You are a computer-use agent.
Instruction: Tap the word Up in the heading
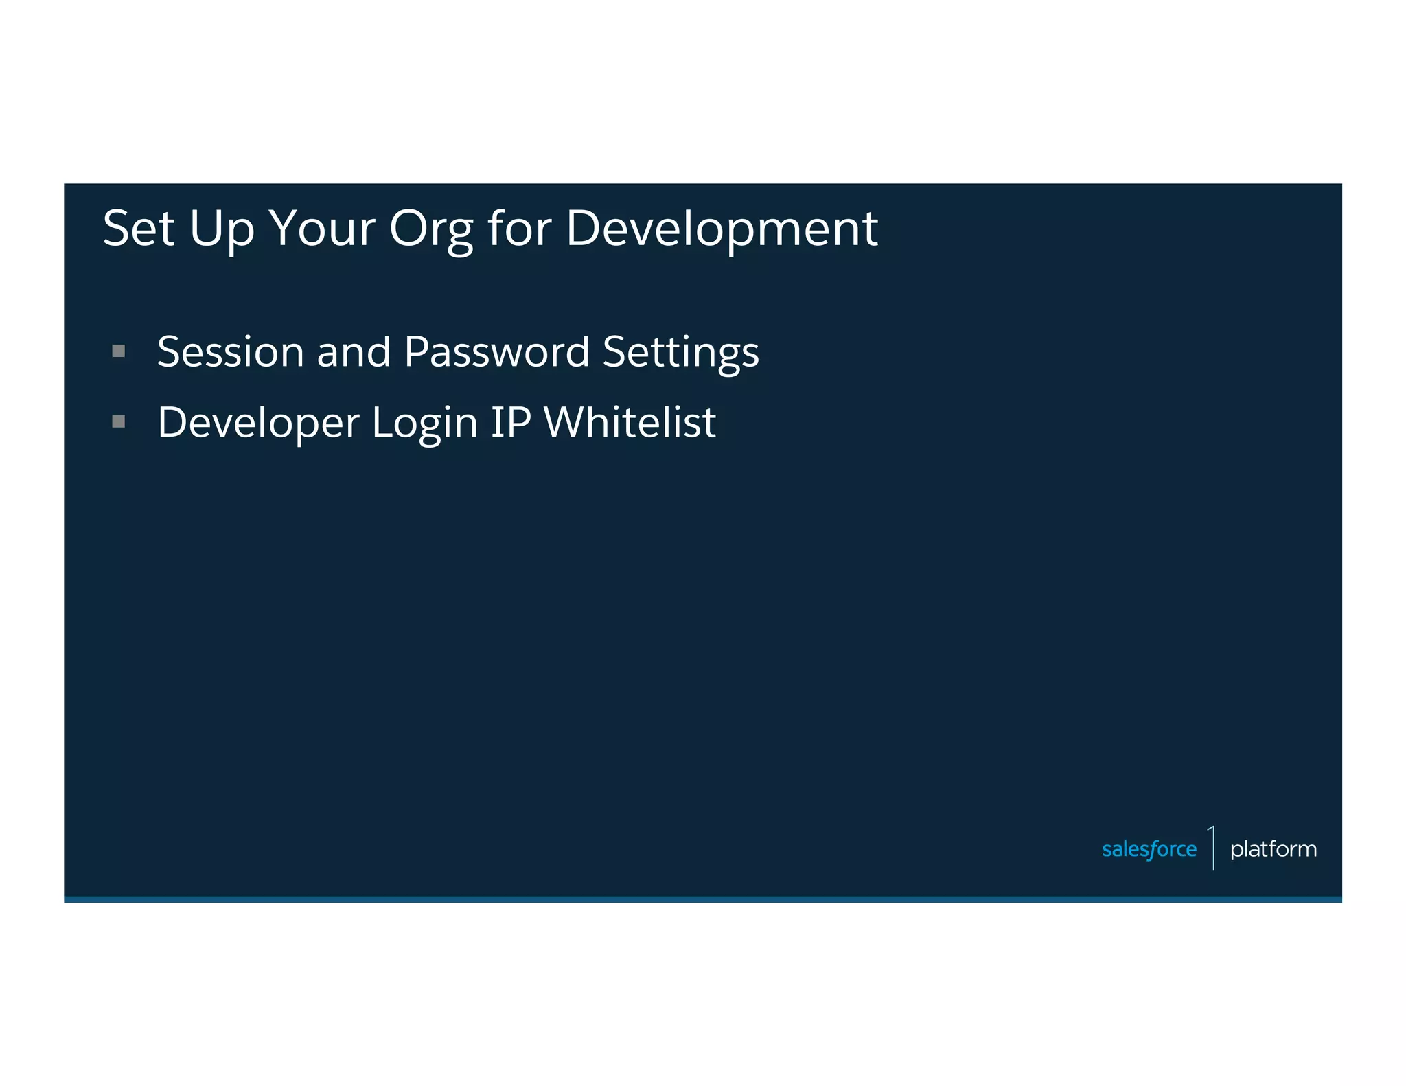click(221, 230)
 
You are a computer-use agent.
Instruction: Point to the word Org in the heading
click(431, 230)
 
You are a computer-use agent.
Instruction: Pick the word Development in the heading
click(721, 230)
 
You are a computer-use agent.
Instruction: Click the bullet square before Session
click(119, 351)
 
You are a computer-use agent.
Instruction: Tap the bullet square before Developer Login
click(119, 421)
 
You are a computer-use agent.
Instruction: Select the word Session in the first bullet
click(230, 352)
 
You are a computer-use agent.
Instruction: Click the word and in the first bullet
click(354, 352)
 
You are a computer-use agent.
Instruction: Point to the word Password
click(496, 352)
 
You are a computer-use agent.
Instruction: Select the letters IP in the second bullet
click(510, 422)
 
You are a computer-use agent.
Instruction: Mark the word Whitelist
click(630, 422)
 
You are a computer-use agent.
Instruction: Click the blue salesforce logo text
click(1149, 850)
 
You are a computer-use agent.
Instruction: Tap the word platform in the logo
click(1273, 850)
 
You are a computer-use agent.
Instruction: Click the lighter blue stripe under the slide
click(702, 899)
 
